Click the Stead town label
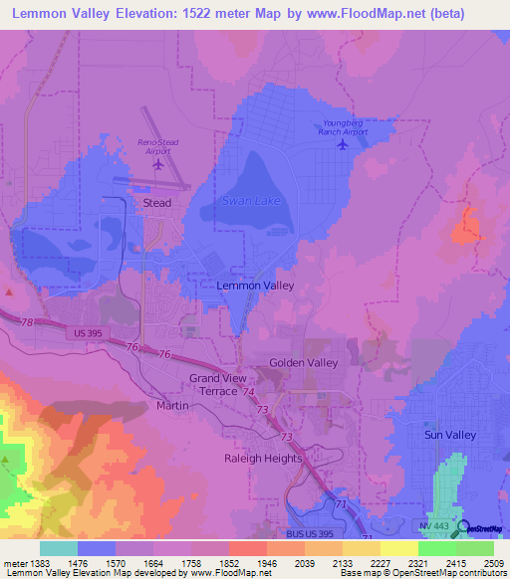coord(157,203)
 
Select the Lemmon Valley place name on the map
coord(255,286)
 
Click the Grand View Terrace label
coord(227,385)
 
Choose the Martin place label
coord(171,406)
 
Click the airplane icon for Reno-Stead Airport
coord(157,162)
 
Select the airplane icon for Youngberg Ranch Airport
coord(344,144)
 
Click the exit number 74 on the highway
coord(245,393)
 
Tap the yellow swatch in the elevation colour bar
coord(399,548)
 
